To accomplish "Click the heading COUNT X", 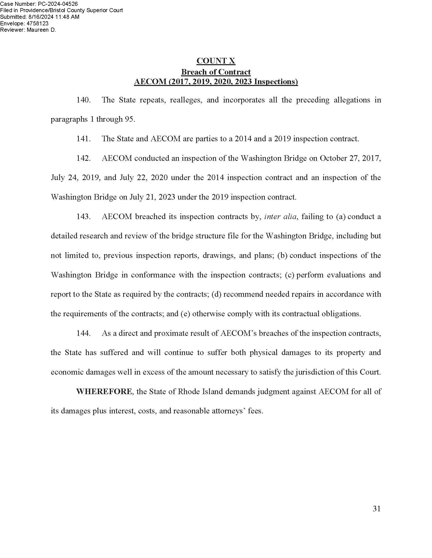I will (216, 61).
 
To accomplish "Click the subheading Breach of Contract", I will (216, 72).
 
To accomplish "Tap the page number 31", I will (376, 509).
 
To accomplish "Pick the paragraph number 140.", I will (83, 100).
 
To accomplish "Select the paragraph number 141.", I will (83, 139).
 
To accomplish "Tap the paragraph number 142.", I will (83, 158).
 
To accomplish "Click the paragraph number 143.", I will (83, 217).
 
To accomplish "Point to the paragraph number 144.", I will (83, 333).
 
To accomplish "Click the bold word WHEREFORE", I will (104, 391).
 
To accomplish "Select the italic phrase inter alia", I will (281, 217).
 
